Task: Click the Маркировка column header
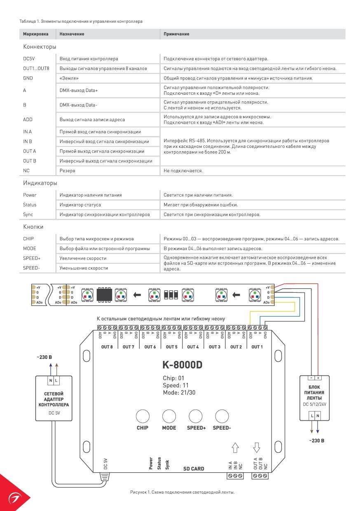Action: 35,34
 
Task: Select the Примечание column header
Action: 176,34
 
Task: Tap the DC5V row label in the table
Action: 29,59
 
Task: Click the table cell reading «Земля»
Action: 69,78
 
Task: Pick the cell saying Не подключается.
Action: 183,171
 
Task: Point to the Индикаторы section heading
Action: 40,183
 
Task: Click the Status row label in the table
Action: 30,205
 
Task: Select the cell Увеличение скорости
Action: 83,258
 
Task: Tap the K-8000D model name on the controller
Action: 182,365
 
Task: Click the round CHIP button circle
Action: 143,416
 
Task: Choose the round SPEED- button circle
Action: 222,416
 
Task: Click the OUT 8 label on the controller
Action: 107,347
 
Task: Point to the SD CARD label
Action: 194,469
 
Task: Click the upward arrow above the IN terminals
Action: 235,448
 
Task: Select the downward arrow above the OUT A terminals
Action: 257,448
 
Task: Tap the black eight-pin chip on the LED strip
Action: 104,295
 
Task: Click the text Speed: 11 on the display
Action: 175,385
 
